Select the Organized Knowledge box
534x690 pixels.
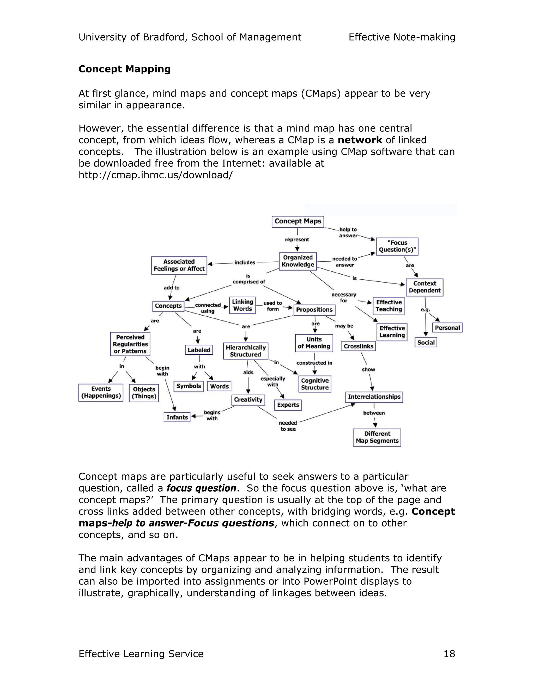[x=298, y=261]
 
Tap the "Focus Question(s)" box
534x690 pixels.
[x=397, y=246]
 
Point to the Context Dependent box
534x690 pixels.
[x=424, y=287]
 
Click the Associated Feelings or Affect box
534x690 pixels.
[x=179, y=265]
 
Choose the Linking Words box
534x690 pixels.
[x=242, y=305]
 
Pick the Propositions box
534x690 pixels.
[x=314, y=310]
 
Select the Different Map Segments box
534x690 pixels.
[x=377, y=437]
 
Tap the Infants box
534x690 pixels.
[x=177, y=417]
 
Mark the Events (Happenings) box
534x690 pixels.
[x=101, y=392]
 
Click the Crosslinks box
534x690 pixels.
[x=359, y=346]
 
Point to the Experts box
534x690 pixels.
[x=288, y=405]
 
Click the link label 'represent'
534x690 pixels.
[x=297, y=240]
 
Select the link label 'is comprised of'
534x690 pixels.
[x=249, y=279]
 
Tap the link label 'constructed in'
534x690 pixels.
[x=314, y=363]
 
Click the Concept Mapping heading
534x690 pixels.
[x=124, y=69]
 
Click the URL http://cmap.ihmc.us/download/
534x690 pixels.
[x=155, y=175]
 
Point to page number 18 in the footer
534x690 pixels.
[x=449, y=654]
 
